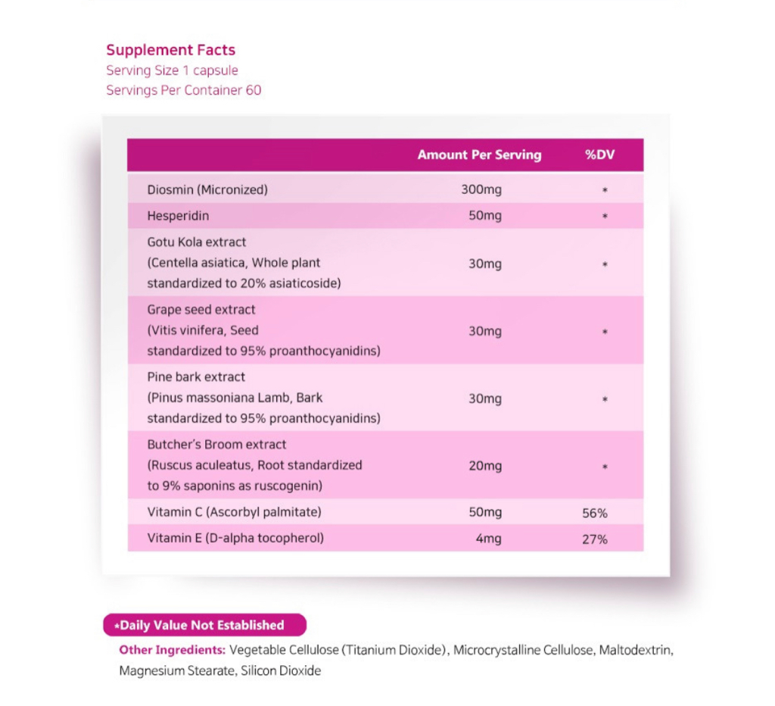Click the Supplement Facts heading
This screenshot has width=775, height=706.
point(170,50)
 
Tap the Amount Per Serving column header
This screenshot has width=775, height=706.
point(479,155)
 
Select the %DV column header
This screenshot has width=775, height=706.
point(599,155)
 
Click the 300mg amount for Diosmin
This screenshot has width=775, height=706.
point(481,189)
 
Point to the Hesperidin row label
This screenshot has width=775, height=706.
point(178,216)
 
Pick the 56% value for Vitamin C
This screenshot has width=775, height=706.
point(595,513)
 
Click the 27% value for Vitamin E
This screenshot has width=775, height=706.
point(595,539)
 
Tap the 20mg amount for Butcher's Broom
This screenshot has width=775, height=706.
point(485,466)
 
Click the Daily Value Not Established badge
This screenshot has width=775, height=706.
point(204,625)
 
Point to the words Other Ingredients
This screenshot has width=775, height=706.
point(172,650)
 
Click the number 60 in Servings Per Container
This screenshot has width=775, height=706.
point(254,91)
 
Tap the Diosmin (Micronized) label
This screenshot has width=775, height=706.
point(207,189)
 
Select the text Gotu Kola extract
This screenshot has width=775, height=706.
point(197,242)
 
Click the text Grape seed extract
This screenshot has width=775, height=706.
point(201,310)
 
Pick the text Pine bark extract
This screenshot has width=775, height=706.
point(196,376)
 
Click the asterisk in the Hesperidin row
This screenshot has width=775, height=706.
point(605,217)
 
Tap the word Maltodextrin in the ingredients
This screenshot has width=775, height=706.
point(635,650)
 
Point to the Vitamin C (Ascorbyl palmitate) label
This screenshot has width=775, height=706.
point(234,512)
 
